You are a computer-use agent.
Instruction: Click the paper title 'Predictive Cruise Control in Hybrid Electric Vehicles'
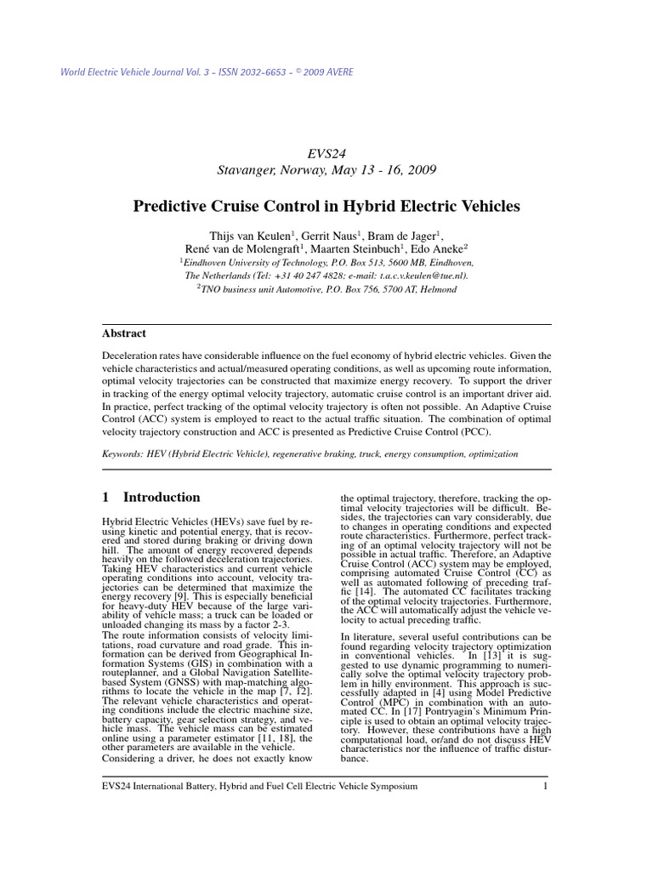coord(326,206)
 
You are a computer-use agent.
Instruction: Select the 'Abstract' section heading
coord(124,333)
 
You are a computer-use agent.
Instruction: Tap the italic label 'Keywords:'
coord(126,454)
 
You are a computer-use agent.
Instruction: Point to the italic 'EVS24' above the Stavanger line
coord(326,153)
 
